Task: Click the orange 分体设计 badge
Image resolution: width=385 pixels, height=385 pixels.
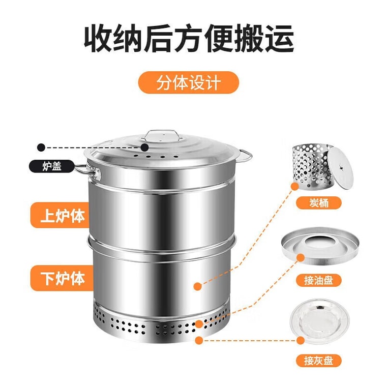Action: click(189, 82)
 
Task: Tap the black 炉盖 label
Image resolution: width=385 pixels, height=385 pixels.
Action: click(52, 166)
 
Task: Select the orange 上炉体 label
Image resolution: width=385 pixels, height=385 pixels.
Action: click(60, 215)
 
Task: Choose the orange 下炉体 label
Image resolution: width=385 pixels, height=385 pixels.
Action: click(62, 278)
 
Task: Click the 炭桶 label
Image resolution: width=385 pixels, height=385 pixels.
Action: click(319, 203)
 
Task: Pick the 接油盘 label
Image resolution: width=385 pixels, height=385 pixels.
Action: click(319, 280)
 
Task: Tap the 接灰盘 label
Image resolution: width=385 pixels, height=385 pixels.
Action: click(319, 361)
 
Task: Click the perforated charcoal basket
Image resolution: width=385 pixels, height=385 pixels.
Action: click(310, 167)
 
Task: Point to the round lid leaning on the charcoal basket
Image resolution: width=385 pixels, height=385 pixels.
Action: click(341, 168)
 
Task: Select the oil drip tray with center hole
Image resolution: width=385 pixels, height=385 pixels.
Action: click(320, 246)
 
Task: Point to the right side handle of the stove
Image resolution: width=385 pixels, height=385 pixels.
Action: click(246, 156)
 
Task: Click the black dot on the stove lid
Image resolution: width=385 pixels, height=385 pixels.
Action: click(144, 147)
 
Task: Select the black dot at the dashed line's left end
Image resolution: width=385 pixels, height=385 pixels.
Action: click(41, 147)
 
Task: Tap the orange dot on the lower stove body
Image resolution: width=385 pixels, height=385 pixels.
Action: click(197, 286)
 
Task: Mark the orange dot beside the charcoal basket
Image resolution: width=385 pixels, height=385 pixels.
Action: click(294, 186)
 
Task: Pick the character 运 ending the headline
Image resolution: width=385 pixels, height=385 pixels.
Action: click(279, 38)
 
